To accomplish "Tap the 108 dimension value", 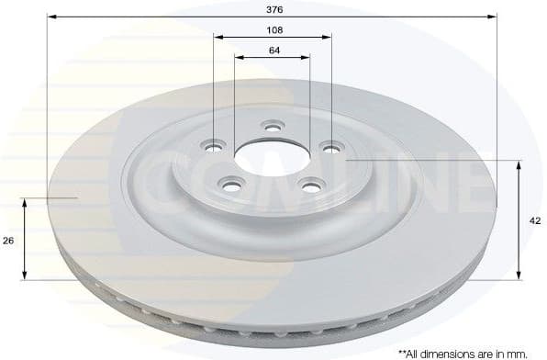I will (x=274, y=29).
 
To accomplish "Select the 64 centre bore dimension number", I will (x=274, y=50).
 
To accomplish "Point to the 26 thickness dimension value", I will (x=8, y=240).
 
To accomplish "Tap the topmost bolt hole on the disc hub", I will (x=271, y=126).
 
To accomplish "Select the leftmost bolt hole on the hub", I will (x=217, y=144).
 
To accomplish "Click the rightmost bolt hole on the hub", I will (x=329, y=144).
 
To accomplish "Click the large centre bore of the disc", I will (x=272, y=159).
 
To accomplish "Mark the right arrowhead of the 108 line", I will (x=328, y=37).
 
